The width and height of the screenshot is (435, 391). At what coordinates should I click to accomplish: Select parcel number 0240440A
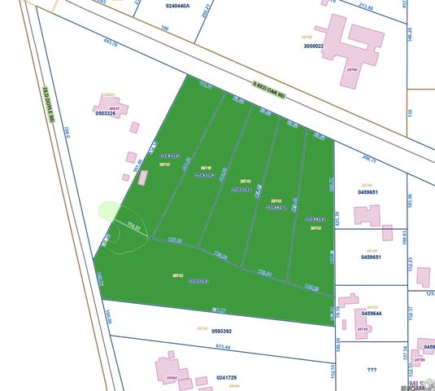[177, 6]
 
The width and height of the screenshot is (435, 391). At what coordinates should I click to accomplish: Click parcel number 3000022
[314, 46]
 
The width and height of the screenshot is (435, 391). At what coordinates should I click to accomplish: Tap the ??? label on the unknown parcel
[372, 370]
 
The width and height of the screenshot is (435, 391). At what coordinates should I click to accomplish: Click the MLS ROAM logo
[420, 384]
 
